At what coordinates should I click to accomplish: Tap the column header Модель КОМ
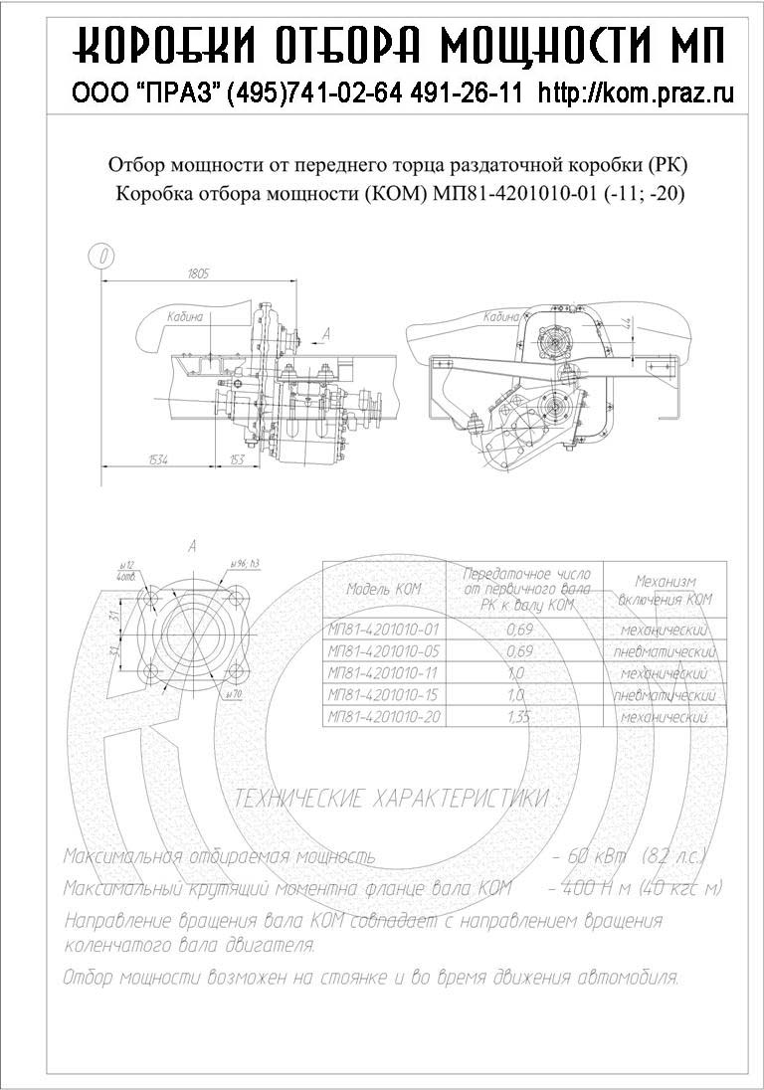coord(383,589)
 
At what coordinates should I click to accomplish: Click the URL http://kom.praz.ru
coord(636,93)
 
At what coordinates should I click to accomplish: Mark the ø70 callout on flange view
coord(236,692)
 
